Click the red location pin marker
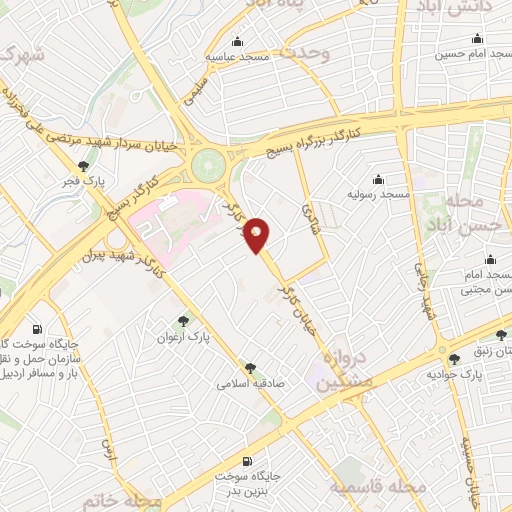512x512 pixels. coord(258,234)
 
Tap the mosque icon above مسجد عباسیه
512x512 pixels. coord(238,42)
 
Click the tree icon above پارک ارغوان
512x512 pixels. coord(181,321)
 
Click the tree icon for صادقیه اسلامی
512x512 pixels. coord(250,368)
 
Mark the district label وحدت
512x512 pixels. coord(304,54)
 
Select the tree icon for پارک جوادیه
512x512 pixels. coord(455,358)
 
